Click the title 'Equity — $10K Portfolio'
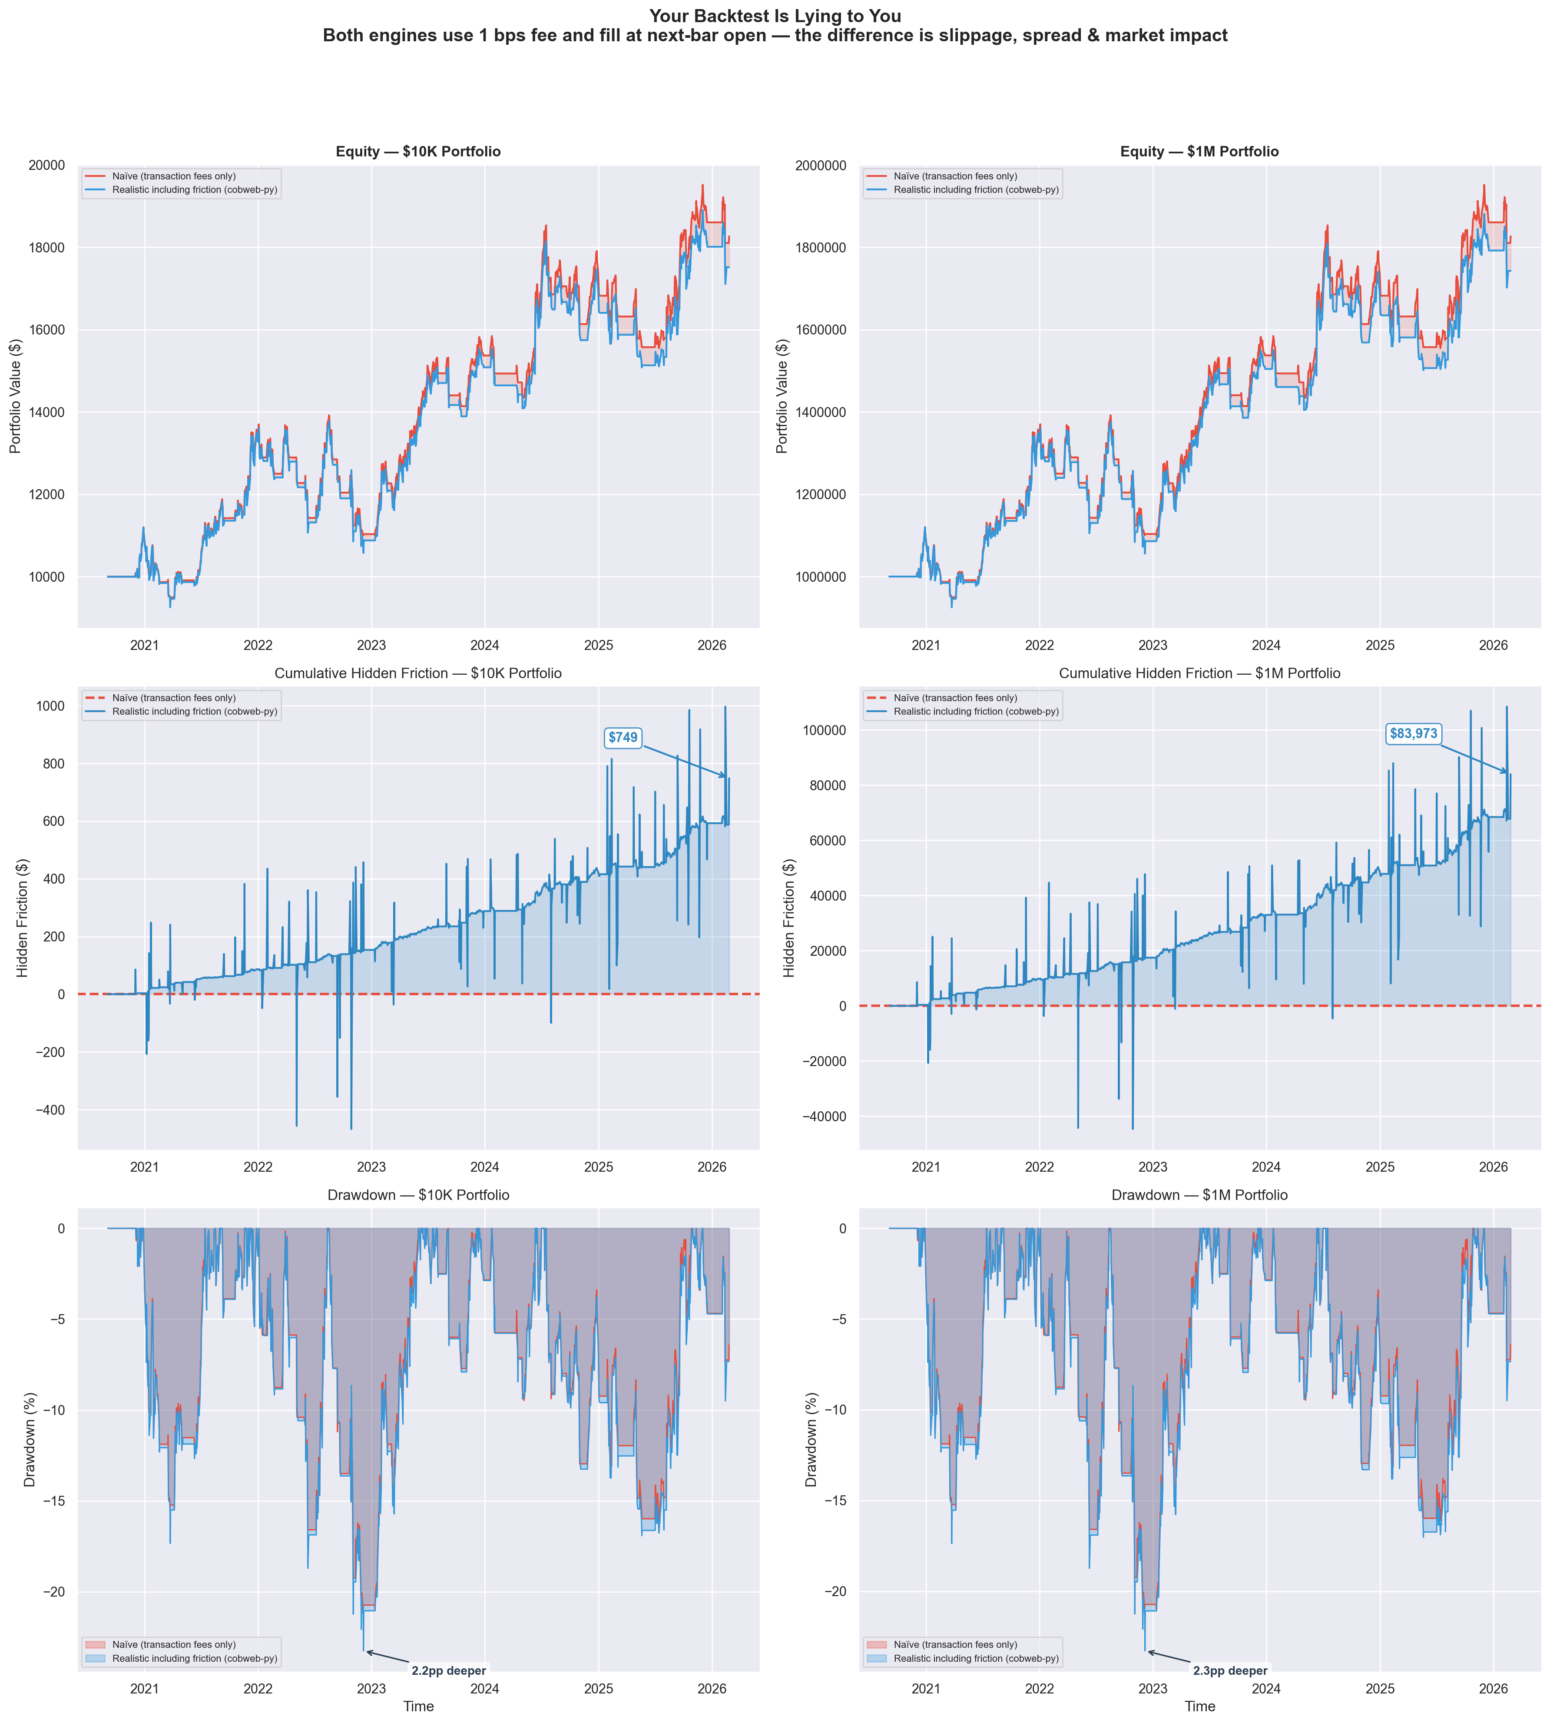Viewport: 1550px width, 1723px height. [x=418, y=152]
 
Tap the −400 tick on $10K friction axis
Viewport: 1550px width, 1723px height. [x=53, y=1110]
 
